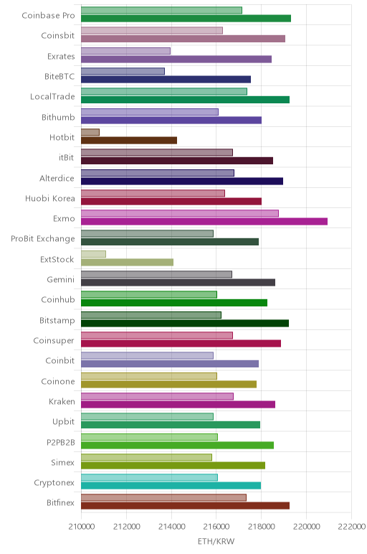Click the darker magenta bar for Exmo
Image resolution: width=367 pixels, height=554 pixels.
tap(204, 222)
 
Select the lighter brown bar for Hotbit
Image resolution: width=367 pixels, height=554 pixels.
tap(90, 132)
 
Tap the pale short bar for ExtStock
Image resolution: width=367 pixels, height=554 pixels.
tap(93, 254)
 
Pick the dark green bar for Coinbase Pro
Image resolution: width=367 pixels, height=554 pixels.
tap(186, 19)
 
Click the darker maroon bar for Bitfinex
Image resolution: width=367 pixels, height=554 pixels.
tap(185, 506)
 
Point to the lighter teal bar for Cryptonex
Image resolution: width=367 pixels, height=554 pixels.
tap(149, 477)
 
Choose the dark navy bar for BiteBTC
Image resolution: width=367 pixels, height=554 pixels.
tap(166, 80)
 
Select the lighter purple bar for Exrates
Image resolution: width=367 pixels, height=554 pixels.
tap(125, 51)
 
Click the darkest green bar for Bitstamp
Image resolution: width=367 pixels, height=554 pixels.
tap(185, 323)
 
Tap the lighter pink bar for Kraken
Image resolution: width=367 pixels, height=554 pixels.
tap(157, 396)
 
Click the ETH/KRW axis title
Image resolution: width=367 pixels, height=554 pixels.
tap(216, 542)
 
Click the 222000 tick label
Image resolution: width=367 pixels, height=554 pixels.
tap(351, 527)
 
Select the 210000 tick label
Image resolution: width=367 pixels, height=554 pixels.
tap(82, 527)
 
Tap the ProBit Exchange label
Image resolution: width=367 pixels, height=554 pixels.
tap(43, 239)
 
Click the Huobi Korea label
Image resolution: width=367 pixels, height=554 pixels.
tap(49, 198)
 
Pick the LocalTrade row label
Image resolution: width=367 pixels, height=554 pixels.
tap(52, 96)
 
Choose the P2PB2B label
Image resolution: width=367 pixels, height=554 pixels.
tap(61, 442)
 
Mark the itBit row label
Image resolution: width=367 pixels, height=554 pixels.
tap(67, 158)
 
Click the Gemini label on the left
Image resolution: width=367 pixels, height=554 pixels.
tap(61, 279)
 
